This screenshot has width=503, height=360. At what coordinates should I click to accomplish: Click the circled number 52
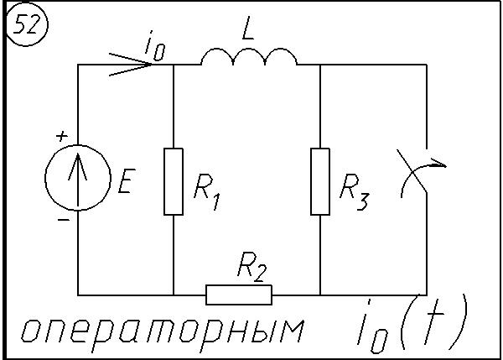click(29, 28)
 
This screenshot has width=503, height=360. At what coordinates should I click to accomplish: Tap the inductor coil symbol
click(248, 56)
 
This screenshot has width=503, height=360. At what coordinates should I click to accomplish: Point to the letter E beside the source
click(125, 183)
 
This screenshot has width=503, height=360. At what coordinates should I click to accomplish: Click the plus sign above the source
click(60, 135)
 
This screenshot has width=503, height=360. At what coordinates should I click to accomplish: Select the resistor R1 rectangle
click(174, 181)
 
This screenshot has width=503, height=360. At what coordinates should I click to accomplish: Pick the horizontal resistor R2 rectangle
click(239, 295)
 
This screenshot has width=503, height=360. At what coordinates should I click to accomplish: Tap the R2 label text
click(251, 269)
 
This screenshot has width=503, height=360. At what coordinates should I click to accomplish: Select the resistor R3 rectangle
click(320, 181)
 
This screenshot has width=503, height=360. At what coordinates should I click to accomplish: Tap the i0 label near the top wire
click(154, 47)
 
